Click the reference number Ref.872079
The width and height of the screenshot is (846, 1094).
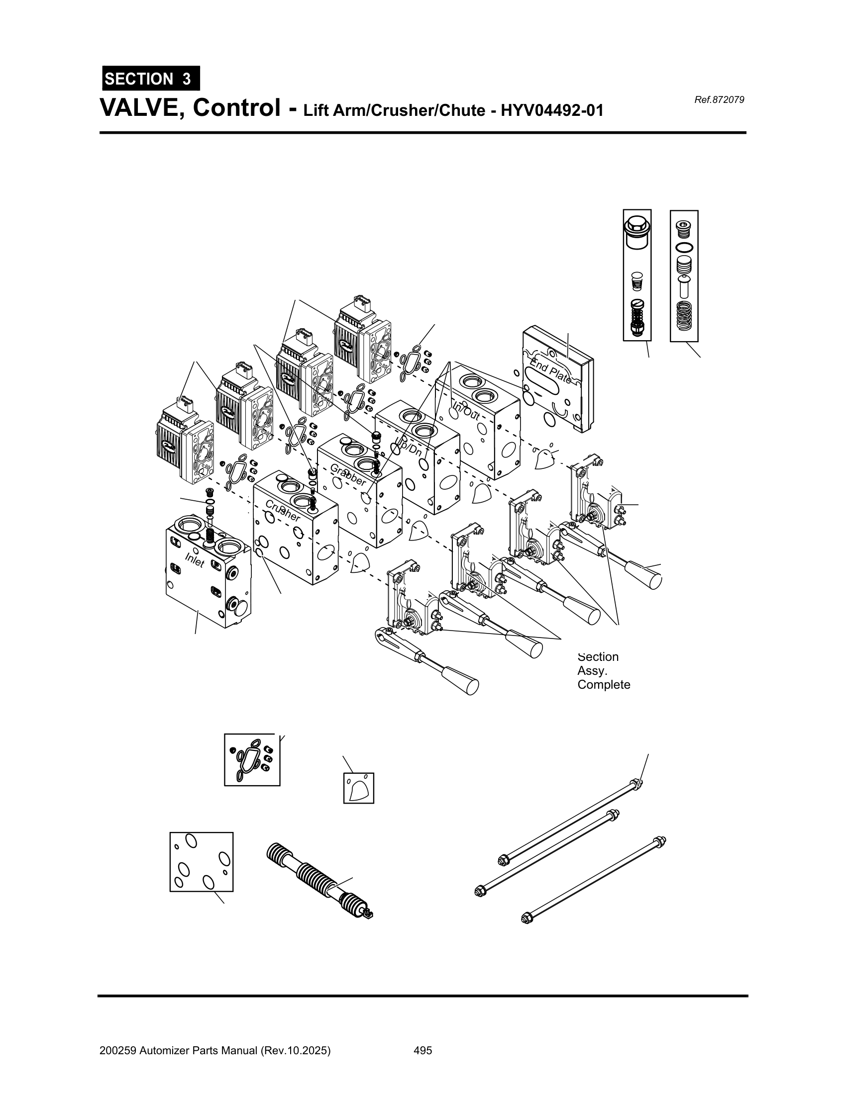[719, 99]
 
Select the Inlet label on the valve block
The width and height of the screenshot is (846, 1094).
[195, 560]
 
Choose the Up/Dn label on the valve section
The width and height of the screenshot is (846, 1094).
[409, 446]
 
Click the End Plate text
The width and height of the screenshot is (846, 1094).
[551, 368]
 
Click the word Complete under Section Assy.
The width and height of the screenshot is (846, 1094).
[604, 685]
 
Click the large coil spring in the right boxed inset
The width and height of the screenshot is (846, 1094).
[684, 316]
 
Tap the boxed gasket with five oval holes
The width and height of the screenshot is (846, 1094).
[202, 862]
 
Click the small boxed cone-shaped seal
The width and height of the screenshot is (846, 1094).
[359, 788]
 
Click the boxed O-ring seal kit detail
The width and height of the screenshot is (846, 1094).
[252, 760]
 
